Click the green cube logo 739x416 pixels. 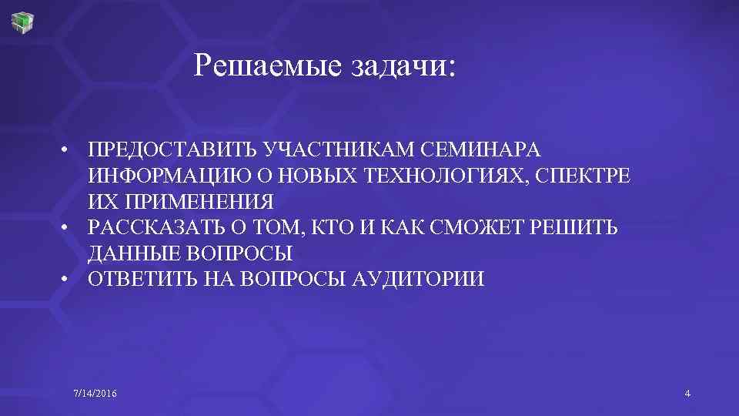coord(23,21)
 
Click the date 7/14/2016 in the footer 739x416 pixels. coord(95,394)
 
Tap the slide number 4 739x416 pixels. coord(687,394)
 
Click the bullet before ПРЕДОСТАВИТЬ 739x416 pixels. coord(68,149)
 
